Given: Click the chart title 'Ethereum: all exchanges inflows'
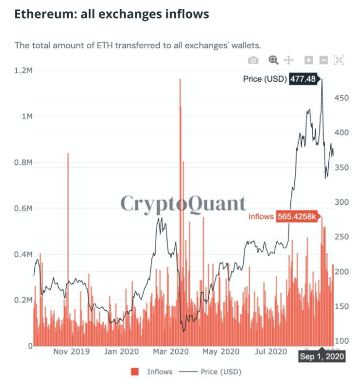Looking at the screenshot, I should [x=111, y=14].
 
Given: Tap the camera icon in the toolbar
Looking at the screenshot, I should [x=253, y=60].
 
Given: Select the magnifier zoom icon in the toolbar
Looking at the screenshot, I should [x=273, y=60].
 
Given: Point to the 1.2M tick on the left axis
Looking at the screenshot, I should [x=23, y=70].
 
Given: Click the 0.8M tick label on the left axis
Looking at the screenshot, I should [x=23, y=162].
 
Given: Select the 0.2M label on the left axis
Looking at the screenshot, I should [x=23, y=300].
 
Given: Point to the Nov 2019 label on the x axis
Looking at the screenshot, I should [x=71, y=351].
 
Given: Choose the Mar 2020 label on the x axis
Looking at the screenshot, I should [x=171, y=351].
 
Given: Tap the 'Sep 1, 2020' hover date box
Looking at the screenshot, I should [x=322, y=357].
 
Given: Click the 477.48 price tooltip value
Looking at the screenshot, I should [x=303, y=79].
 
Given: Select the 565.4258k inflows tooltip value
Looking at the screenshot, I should [x=297, y=216].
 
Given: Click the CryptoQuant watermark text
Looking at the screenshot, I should [x=183, y=203].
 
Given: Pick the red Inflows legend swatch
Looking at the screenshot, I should [x=135, y=372].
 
